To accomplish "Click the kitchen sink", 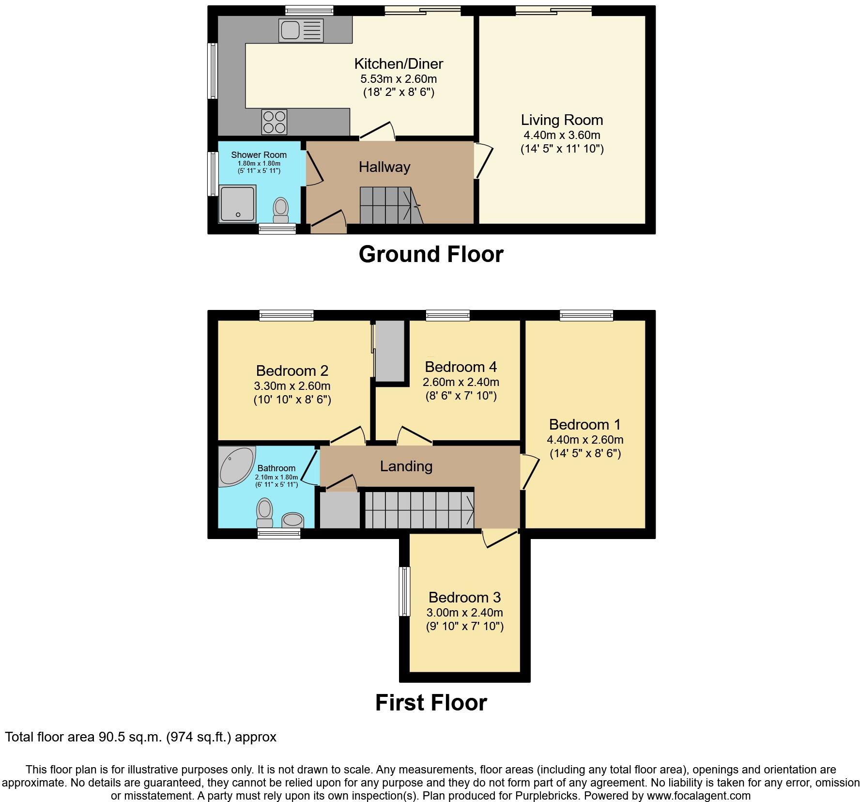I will point(301,30).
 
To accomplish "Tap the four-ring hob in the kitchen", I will point(274,122).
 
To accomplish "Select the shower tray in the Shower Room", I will point(237,204).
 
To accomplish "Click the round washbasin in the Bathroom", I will point(292,520).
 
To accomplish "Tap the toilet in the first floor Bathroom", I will point(264,512).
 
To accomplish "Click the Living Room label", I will point(562,120).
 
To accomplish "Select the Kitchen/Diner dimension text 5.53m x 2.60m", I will point(399,79).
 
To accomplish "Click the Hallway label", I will point(384,167).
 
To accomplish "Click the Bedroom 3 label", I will point(464,597).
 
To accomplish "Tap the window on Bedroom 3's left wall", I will point(404,591).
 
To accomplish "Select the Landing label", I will point(406,466).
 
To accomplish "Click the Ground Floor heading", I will point(431,254).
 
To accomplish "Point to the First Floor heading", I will point(431,703).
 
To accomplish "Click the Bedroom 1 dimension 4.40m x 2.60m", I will point(585,440).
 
